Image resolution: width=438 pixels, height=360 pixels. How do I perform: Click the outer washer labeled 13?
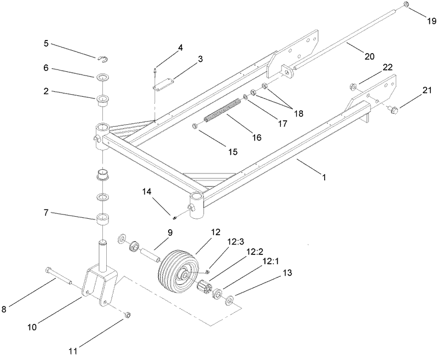tap(228, 299)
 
